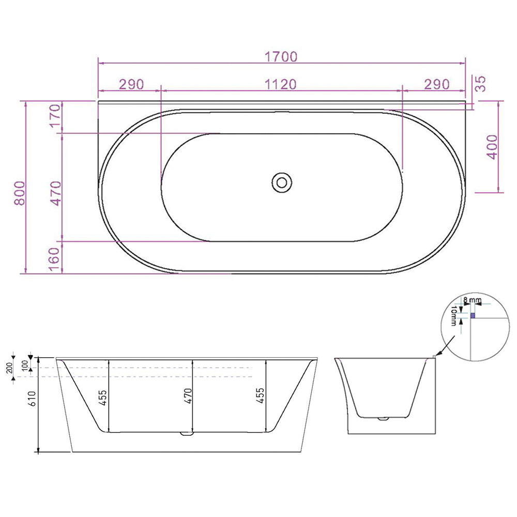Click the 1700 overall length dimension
tap(282, 56)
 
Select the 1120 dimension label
tap(282, 84)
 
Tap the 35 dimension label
tap(480, 83)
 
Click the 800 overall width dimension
tap(19, 193)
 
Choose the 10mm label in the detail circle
tap(454, 315)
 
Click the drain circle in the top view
tap(282, 181)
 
